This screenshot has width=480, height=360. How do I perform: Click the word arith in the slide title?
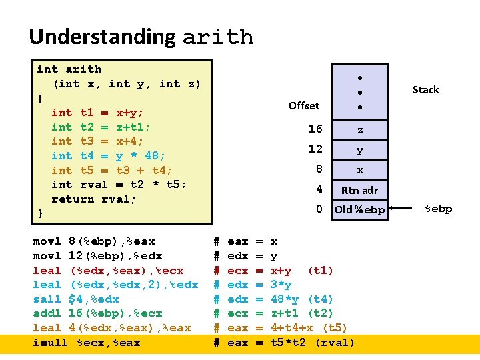point(218,37)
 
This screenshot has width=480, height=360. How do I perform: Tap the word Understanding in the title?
point(102,37)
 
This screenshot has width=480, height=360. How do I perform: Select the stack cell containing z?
point(360,129)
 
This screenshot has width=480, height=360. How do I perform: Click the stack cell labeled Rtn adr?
point(360,190)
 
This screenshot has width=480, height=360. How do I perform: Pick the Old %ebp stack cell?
point(360,210)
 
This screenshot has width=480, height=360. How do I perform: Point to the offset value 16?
point(315,129)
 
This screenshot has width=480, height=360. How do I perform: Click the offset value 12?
point(315,149)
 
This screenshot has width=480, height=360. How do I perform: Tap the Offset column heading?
point(304,105)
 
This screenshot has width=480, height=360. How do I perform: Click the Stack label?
point(425,89)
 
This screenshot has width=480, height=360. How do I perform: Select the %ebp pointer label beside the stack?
point(439,209)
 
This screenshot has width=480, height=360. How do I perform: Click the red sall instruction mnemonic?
point(47,299)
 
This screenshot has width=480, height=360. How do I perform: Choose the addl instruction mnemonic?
point(47,313)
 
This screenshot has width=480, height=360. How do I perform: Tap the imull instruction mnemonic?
point(51,343)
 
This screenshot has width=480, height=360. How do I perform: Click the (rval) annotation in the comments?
point(334,343)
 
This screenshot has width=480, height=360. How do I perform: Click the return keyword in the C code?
point(73,199)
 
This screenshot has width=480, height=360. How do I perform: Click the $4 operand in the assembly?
point(76,299)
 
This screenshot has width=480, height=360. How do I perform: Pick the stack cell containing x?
point(360,170)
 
